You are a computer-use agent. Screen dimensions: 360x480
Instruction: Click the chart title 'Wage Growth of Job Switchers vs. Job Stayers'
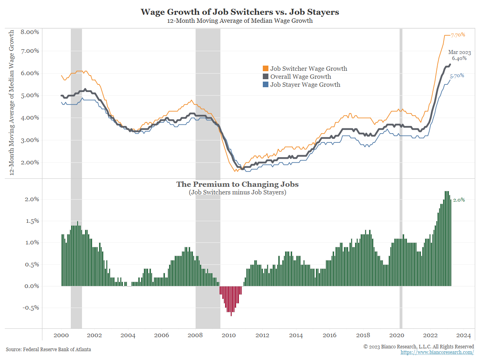pyautogui.click(x=240, y=12)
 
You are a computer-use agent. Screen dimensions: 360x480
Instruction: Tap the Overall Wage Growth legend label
pyautogui.click(x=300, y=76)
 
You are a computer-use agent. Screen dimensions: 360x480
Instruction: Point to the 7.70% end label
pyautogui.click(x=458, y=35)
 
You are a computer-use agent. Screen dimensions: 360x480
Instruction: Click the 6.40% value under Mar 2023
pyautogui.click(x=459, y=58)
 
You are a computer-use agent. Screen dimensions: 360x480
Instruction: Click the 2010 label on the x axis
pyautogui.click(x=228, y=335)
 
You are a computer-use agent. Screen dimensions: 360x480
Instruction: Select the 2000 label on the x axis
pyautogui.click(x=61, y=335)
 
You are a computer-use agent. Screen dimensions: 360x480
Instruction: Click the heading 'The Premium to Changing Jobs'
pyautogui.click(x=238, y=184)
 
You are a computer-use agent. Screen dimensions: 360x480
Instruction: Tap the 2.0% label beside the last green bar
pyautogui.click(x=459, y=200)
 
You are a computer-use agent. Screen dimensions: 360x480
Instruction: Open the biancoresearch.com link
pyautogui.click(x=437, y=352)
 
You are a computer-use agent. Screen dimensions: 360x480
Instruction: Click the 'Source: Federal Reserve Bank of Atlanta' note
pyautogui.click(x=48, y=350)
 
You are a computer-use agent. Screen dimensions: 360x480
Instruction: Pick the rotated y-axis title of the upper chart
pyautogui.click(x=12, y=102)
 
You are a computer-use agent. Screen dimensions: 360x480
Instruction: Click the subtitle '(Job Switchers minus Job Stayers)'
pyautogui.click(x=238, y=192)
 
